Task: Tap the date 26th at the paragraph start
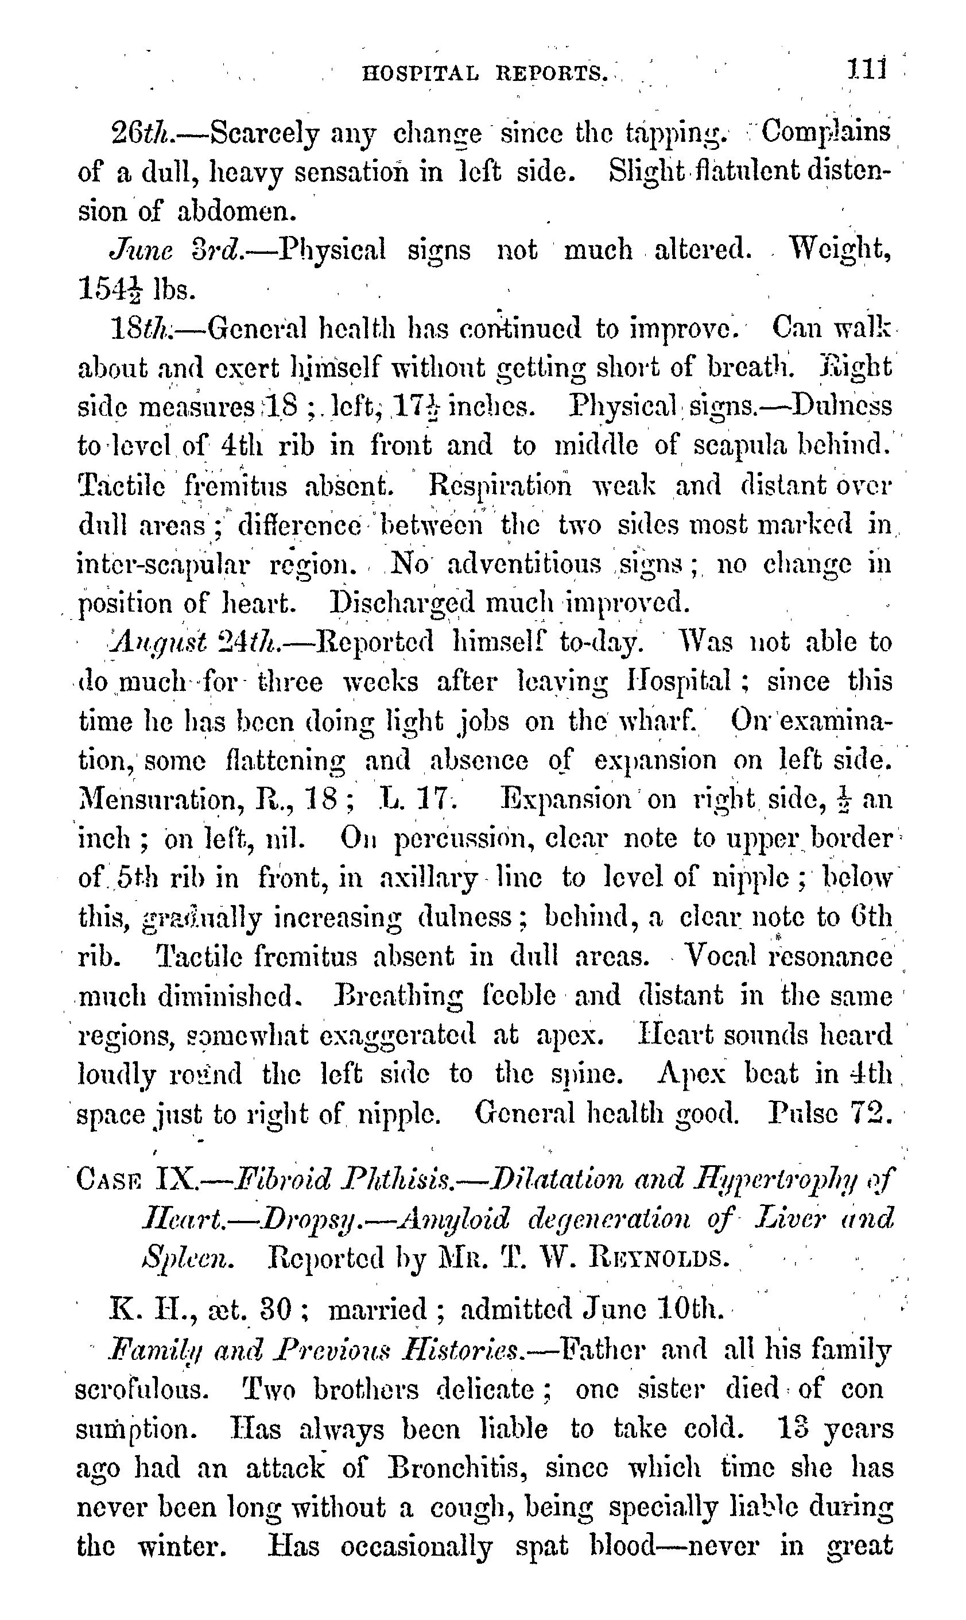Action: (141, 134)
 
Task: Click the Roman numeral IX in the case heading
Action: (175, 1178)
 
